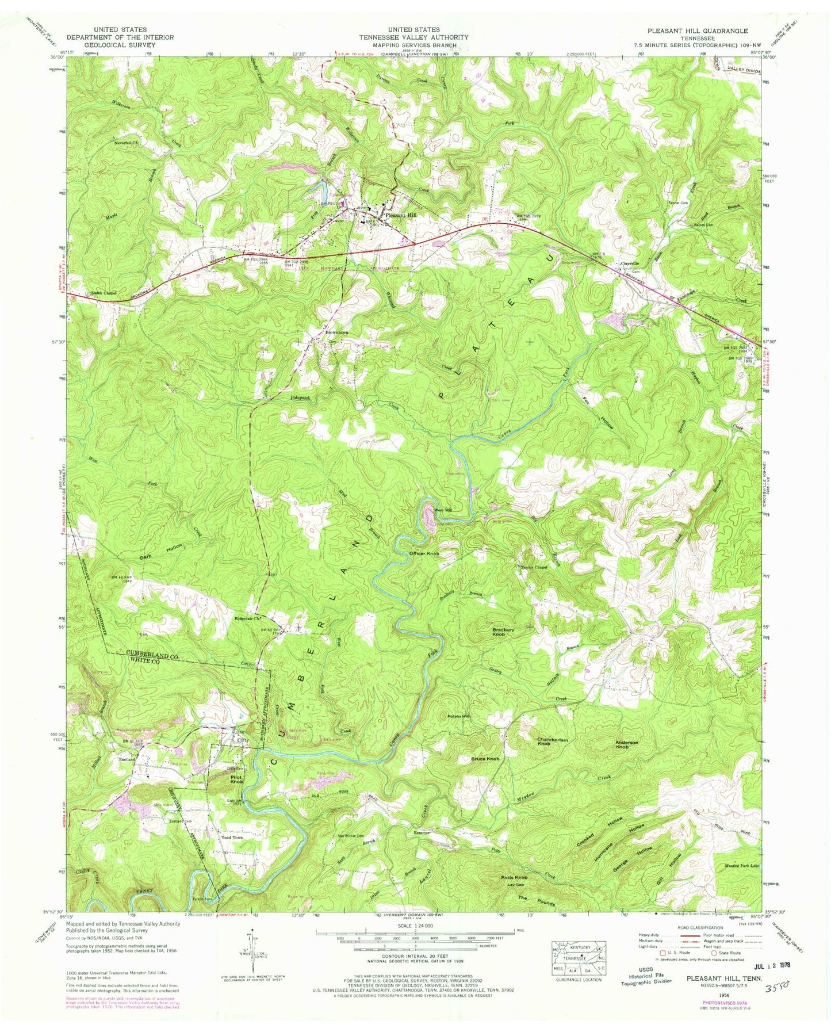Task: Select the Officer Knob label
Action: click(x=424, y=553)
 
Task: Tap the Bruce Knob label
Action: click(x=488, y=759)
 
